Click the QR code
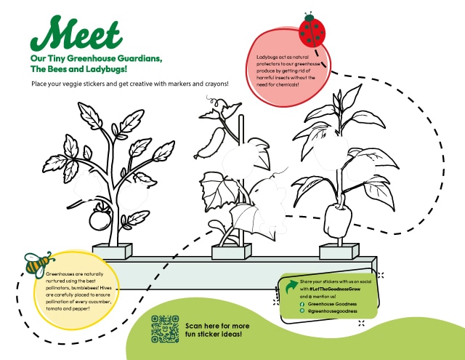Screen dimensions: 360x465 point(165,329)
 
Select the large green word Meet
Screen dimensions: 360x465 point(81,33)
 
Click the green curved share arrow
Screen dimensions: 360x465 point(293,283)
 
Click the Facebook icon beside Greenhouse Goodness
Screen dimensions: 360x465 point(302,304)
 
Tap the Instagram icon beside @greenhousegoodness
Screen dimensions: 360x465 point(302,311)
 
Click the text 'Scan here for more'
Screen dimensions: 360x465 point(219,326)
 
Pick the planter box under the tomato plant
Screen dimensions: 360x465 point(111,252)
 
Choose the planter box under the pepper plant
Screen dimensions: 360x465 point(338,251)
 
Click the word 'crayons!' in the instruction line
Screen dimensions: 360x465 point(213,84)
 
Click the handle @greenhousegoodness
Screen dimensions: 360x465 point(333,311)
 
